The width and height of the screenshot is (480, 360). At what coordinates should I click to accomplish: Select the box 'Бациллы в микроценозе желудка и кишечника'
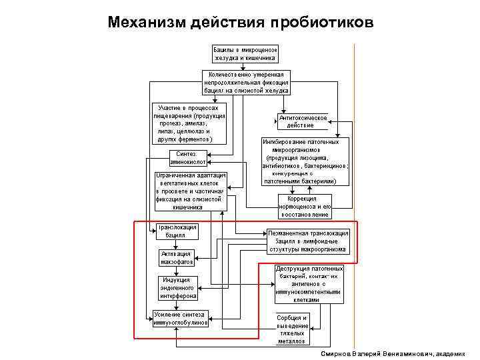(x=245, y=53)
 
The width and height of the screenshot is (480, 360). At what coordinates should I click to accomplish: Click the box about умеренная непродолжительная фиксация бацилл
(x=247, y=82)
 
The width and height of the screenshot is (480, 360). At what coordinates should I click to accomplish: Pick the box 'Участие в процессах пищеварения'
(x=190, y=123)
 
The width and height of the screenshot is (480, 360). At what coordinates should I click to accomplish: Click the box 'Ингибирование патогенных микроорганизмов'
(x=305, y=161)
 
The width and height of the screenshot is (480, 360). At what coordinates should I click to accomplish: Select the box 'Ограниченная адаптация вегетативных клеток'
(x=191, y=191)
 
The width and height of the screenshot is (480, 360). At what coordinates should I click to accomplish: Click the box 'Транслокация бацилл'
(x=177, y=231)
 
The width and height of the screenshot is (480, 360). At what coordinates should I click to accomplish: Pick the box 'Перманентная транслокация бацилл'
(x=307, y=241)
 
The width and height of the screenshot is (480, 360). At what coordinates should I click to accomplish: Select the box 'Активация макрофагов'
(x=176, y=258)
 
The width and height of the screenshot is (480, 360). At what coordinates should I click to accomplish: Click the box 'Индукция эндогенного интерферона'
(x=175, y=287)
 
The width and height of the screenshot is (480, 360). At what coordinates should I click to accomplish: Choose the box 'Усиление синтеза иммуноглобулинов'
(x=180, y=319)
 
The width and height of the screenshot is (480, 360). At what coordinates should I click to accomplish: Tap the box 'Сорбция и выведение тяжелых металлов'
(x=291, y=329)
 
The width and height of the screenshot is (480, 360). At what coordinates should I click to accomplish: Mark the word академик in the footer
(x=451, y=354)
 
